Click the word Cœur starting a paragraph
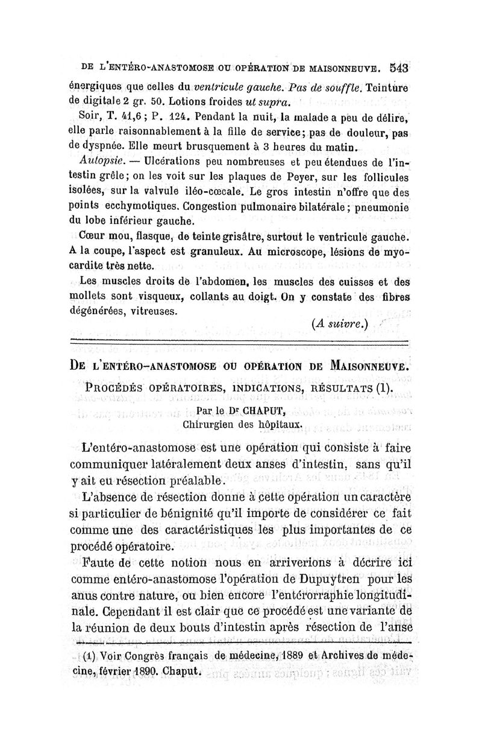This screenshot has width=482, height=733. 92,233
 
